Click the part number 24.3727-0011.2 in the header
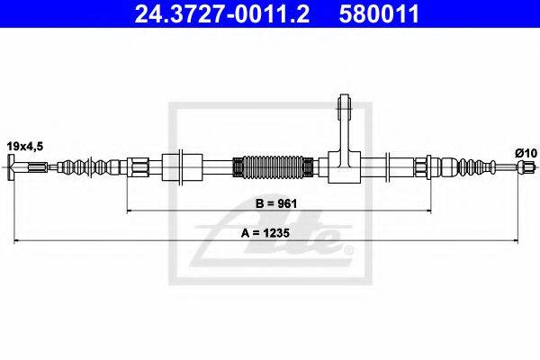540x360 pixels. tap(222, 13)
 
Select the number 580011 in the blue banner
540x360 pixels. tap(379, 13)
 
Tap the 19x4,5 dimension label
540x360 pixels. tap(25, 147)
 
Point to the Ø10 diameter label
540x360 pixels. tap(526, 153)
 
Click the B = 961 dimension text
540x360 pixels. tap(276, 203)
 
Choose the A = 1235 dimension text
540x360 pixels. tap(265, 233)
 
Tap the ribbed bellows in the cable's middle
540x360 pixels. tap(273, 167)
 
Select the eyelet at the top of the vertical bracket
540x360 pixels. tap(345, 102)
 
